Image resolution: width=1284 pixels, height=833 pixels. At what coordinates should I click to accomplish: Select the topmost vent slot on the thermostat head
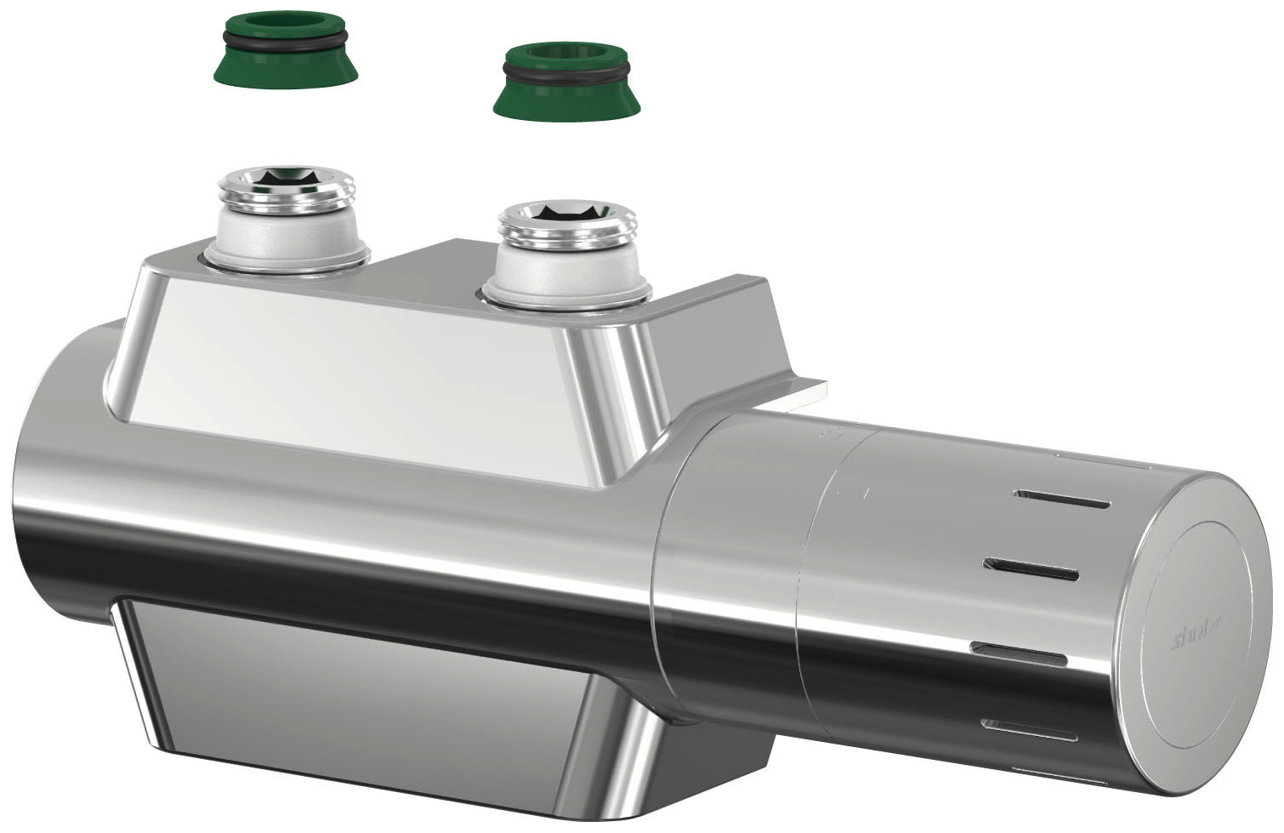[1060, 499]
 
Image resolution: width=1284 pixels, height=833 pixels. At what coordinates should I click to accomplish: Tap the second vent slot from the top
[1032, 569]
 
